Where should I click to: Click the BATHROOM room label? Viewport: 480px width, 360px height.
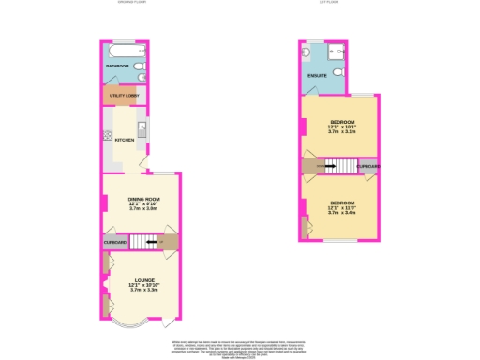click(x=117, y=67)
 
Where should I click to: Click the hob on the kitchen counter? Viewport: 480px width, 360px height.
click(x=109, y=135)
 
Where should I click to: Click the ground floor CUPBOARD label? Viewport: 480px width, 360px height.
click(x=115, y=243)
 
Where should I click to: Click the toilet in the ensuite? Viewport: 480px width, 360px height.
click(x=312, y=52)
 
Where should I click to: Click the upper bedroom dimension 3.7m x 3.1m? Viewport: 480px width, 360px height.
click(x=340, y=132)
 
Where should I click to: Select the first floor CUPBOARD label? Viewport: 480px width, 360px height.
click(x=368, y=166)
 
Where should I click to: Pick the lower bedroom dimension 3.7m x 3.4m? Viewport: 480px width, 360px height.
click(x=340, y=212)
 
